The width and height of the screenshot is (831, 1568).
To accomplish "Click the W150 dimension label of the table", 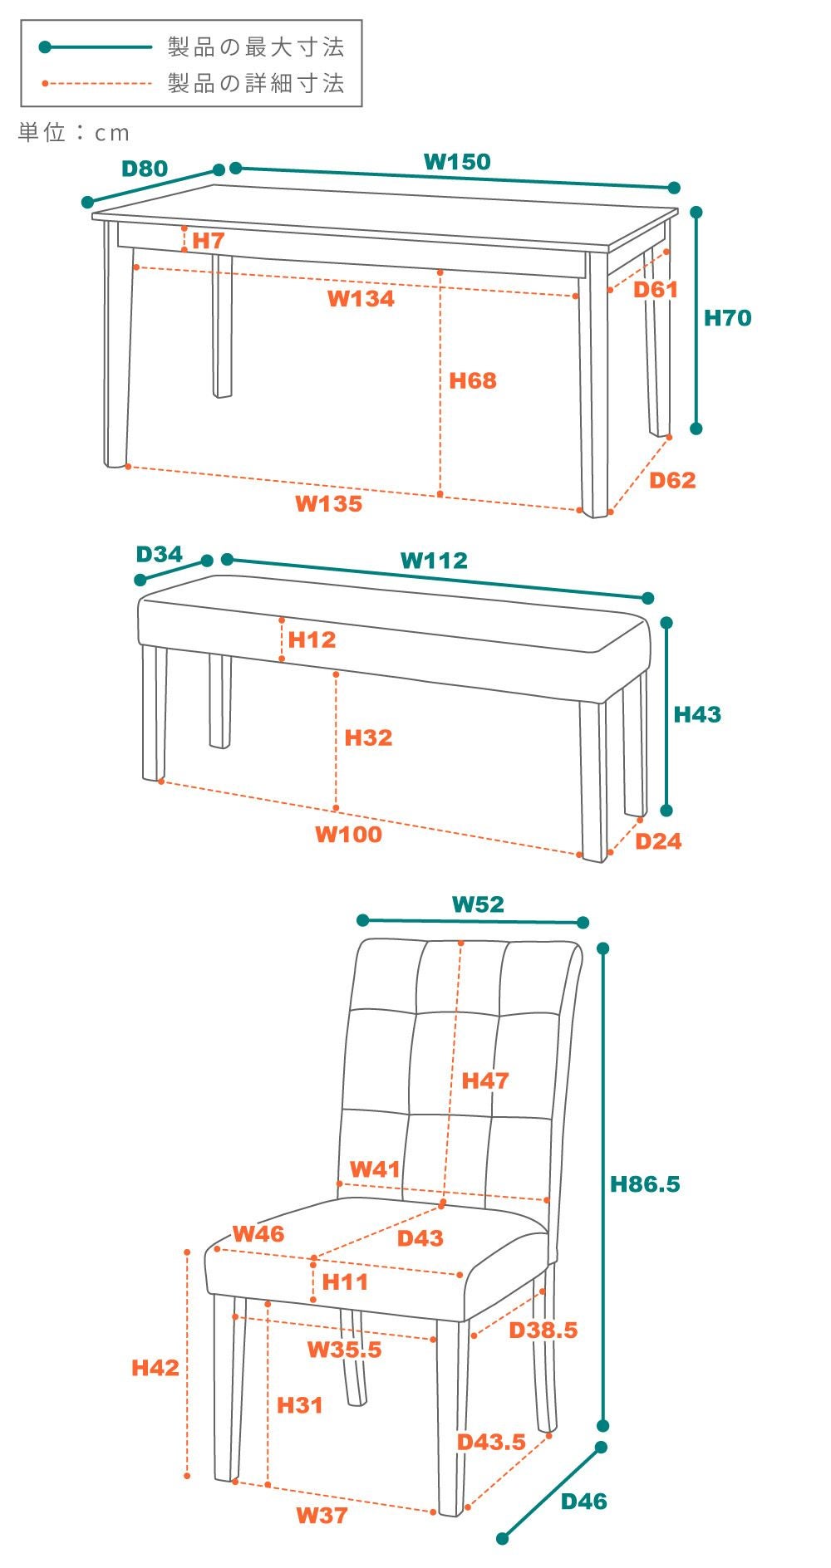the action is click(x=457, y=161).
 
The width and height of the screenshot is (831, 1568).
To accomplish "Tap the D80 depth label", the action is click(x=145, y=169).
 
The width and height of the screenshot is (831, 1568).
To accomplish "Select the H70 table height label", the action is click(x=727, y=317).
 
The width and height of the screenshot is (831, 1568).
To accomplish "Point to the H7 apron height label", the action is click(x=209, y=240).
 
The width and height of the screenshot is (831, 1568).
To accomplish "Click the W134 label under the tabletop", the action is click(x=361, y=299).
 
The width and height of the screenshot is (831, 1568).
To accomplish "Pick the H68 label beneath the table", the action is click(x=472, y=380).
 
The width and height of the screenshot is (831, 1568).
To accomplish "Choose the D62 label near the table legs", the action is click(x=672, y=480).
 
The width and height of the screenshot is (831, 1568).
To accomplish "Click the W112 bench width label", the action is click(x=434, y=560).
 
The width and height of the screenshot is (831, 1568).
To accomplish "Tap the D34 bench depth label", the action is click(x=159, y=554).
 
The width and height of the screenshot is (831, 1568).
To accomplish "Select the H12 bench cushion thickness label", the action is click(x=312, y=639).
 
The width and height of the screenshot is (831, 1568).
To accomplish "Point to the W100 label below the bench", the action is click(x=348, y=834).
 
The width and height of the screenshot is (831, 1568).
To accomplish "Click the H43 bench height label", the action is click(x=697, y=714).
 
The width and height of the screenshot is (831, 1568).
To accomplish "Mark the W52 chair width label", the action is click(x=478, y=904).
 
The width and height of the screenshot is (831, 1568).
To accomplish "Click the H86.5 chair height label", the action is click(x=645, y=1183).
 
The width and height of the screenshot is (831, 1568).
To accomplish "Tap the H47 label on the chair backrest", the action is click(x=485, y=1080).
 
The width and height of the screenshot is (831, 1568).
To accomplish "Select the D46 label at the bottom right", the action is click(x=583, y=1501).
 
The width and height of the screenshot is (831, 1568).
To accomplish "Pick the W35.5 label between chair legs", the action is click(x=345, y=1349).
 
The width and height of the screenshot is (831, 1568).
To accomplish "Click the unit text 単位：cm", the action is click(x=74, y=132).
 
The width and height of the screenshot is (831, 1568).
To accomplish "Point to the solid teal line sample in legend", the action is click(x=96, y=47).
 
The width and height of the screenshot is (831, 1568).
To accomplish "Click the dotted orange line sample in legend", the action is click(x=96, y=83).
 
